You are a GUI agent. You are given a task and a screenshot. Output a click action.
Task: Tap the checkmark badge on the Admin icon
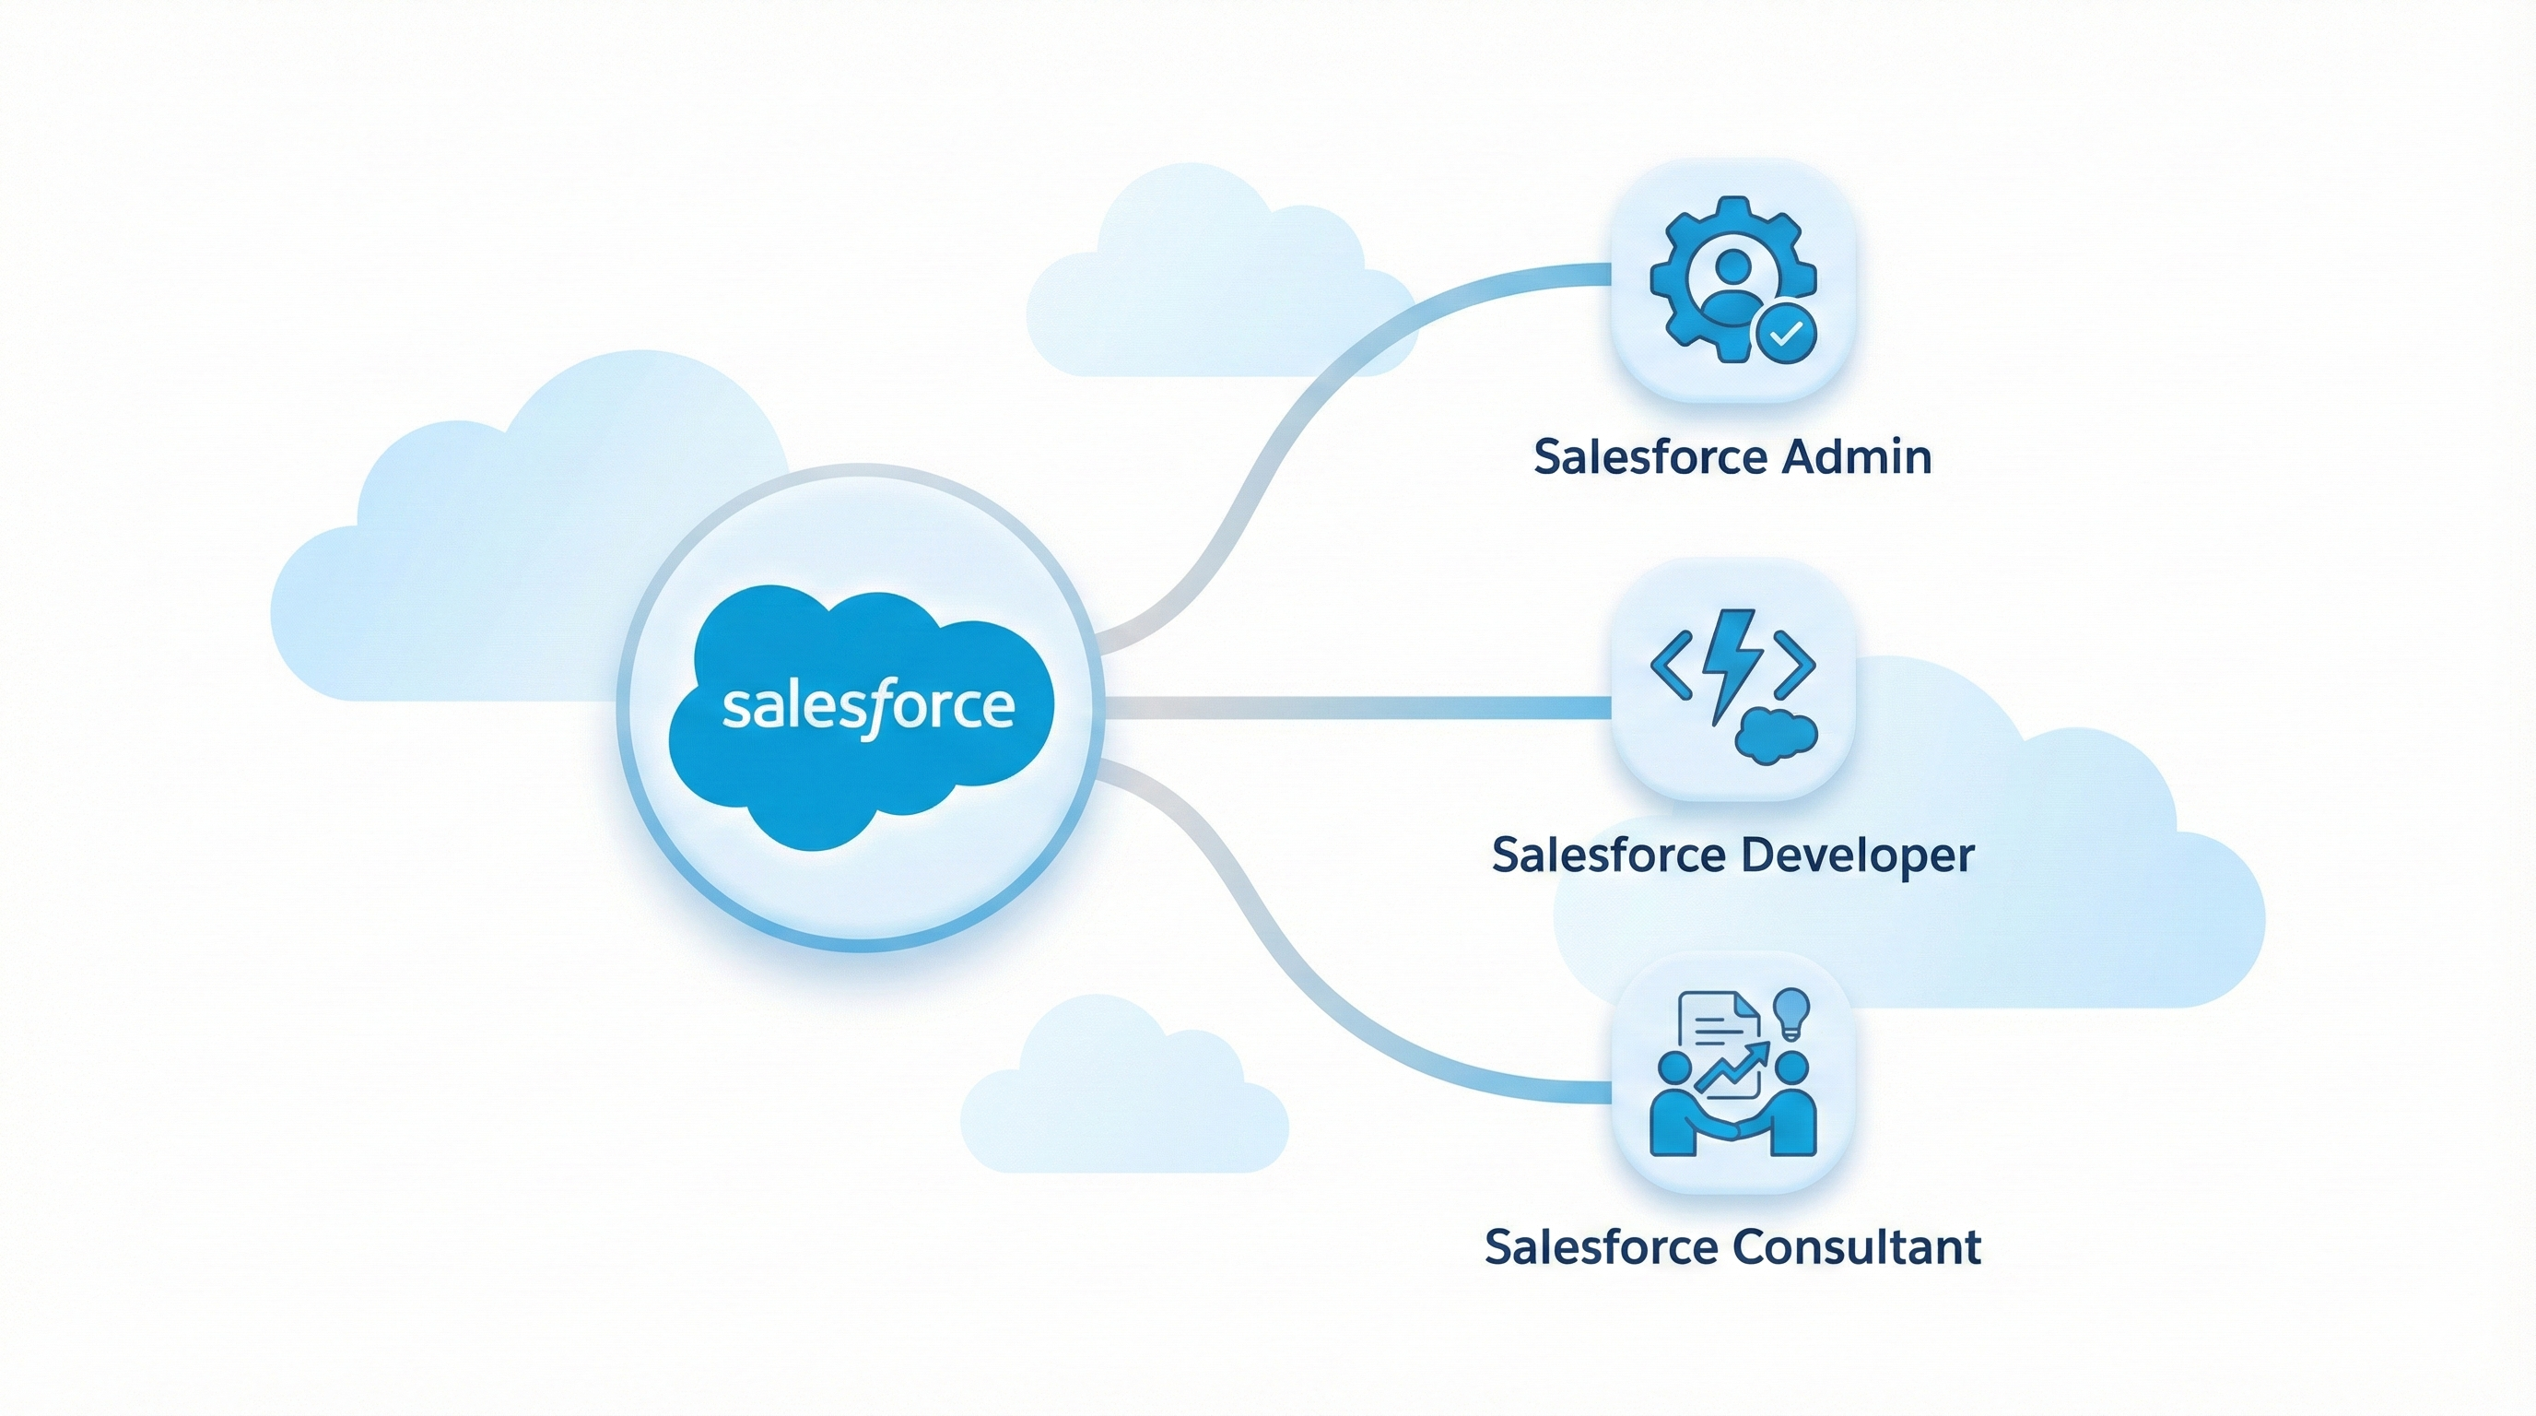click(1785, 334)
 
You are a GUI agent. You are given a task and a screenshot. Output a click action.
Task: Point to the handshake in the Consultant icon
click(1734, 1131)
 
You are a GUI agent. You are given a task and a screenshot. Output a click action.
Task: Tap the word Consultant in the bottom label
click(1855, 1246)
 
